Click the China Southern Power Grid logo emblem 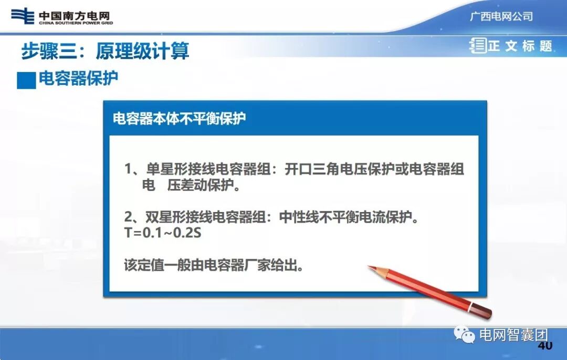click(x=23, y=16)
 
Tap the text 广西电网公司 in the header click(x=501, y=16)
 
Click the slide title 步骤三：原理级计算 click(x=105, y=51)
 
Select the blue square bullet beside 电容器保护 click(x=26, y=80)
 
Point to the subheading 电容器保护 click(x=78, y=79)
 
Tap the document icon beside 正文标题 click(x=478, y=46)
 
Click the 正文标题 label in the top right click(x=520, y=46)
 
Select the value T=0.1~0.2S click(x=163, y=232)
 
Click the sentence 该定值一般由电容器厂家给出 click(x=214, y=264)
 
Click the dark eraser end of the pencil click(x=485, y=312)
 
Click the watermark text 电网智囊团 click(x=513, y=335)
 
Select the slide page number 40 click(x=545, y=346)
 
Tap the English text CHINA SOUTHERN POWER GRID click(x=76, y=23)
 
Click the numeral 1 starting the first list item click(x=128, y=170)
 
